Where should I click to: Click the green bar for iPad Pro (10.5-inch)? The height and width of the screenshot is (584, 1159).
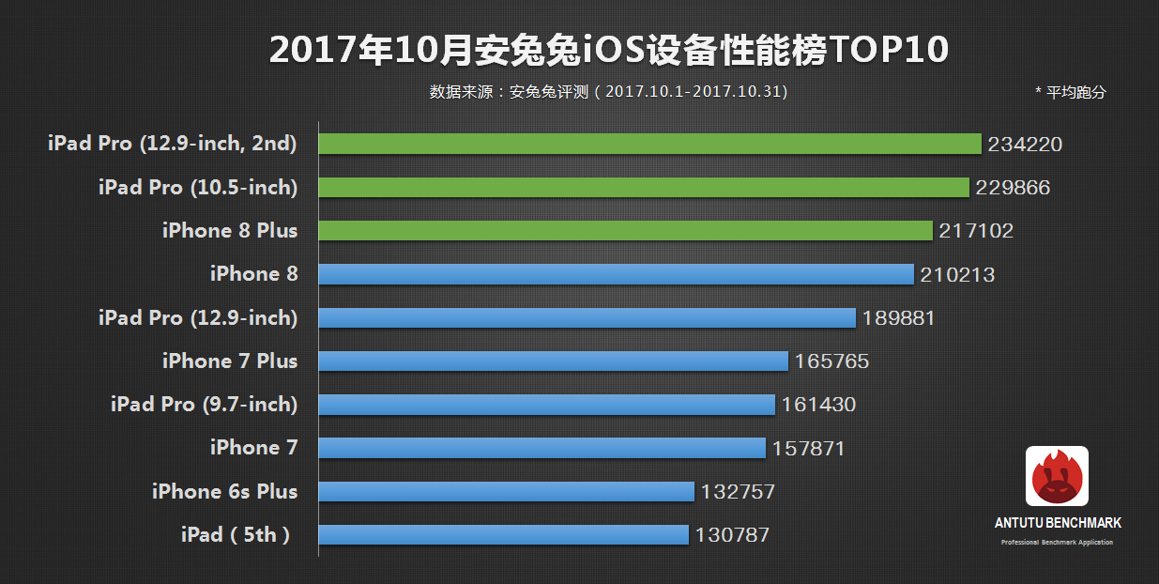point(644,188)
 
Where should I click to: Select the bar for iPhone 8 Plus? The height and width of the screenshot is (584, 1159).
point(626,231)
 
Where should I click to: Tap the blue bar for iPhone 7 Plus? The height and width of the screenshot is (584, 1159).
point(553,361)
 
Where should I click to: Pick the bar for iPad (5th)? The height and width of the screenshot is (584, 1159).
point(504,535)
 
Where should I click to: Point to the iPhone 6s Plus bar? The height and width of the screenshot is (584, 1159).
point(507,492)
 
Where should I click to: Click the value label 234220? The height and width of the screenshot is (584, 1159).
point(1025,145)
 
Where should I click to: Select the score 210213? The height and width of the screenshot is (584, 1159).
point(957,275)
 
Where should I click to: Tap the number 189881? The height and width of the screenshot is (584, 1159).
point(898,318)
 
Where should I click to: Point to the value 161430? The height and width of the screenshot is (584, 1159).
point(818,405)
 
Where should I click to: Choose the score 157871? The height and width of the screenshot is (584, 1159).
point(808,449)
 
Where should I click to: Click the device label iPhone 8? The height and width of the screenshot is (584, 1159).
point(253,274)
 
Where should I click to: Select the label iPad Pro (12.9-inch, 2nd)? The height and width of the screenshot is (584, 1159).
point(173,144)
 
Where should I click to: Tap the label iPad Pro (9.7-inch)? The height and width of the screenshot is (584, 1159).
point(204,405)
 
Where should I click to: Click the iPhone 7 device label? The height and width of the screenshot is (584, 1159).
point(253,448)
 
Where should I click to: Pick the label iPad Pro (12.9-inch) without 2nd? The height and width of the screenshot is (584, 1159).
point(198,317)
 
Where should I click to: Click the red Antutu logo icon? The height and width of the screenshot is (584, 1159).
point(1057,477)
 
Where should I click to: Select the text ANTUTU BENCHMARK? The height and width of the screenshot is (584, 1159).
point(1058,523)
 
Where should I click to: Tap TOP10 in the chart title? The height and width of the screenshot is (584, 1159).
point(890,51)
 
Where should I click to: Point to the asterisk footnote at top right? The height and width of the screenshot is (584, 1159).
point(1071,92)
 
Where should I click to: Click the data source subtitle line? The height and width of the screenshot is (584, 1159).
point(608,92)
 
